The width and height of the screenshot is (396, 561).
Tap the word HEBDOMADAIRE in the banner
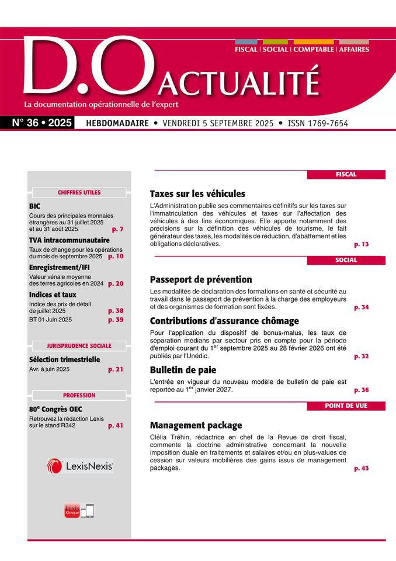click(117, 123)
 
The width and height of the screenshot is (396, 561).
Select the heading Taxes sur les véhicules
click(197, 193)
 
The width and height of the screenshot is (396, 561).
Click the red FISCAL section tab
click(346, 174)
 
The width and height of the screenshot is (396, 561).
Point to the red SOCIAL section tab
click(346, 260)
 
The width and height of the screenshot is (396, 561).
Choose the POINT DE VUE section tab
click(346, 406)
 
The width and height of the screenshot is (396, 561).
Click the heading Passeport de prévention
click(201, 279)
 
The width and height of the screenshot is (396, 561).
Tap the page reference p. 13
click(362, 244)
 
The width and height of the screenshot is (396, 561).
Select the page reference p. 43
click(362, 468)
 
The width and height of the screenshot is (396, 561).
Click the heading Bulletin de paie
click(183, 370)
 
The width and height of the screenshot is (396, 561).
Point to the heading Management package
click(196, 425)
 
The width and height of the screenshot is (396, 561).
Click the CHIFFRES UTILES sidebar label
click(79, 192)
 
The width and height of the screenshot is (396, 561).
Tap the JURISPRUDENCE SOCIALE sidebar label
click(79, 345)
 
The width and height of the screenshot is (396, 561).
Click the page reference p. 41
click(116, 425)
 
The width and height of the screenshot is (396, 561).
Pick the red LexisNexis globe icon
click(54, 466)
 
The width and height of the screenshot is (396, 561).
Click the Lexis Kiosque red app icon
click(71, 510)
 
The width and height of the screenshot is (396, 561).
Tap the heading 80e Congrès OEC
click(58, 409)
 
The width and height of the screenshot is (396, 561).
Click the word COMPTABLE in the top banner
click(313, 50)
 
